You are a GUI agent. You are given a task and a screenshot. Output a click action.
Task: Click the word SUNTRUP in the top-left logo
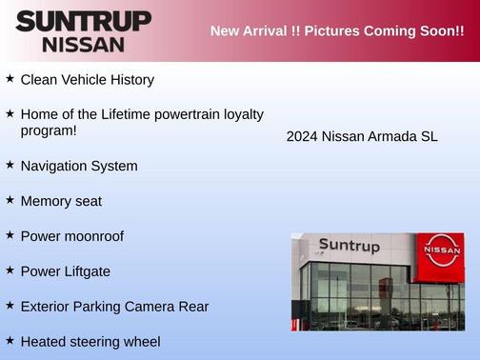(84, 21)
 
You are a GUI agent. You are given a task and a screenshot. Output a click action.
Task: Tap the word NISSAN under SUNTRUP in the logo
(84, 44)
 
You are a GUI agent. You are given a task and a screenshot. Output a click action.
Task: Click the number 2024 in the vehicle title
(302, 136)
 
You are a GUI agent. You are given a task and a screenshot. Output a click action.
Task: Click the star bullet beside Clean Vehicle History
(10, 78)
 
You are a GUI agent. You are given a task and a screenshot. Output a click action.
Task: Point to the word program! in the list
(49, 130)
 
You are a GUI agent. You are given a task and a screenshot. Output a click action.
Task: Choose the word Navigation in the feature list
(55, 166)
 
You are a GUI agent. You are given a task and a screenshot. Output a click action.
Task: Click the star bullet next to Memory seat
(10, 200)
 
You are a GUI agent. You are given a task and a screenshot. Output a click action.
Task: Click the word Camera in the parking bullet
(151, 307)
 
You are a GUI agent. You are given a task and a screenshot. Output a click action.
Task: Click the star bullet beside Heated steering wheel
(10, 340)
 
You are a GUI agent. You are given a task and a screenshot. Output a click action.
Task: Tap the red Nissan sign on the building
(441, 250)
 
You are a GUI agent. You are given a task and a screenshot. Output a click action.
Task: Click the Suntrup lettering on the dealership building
(349, 246)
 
